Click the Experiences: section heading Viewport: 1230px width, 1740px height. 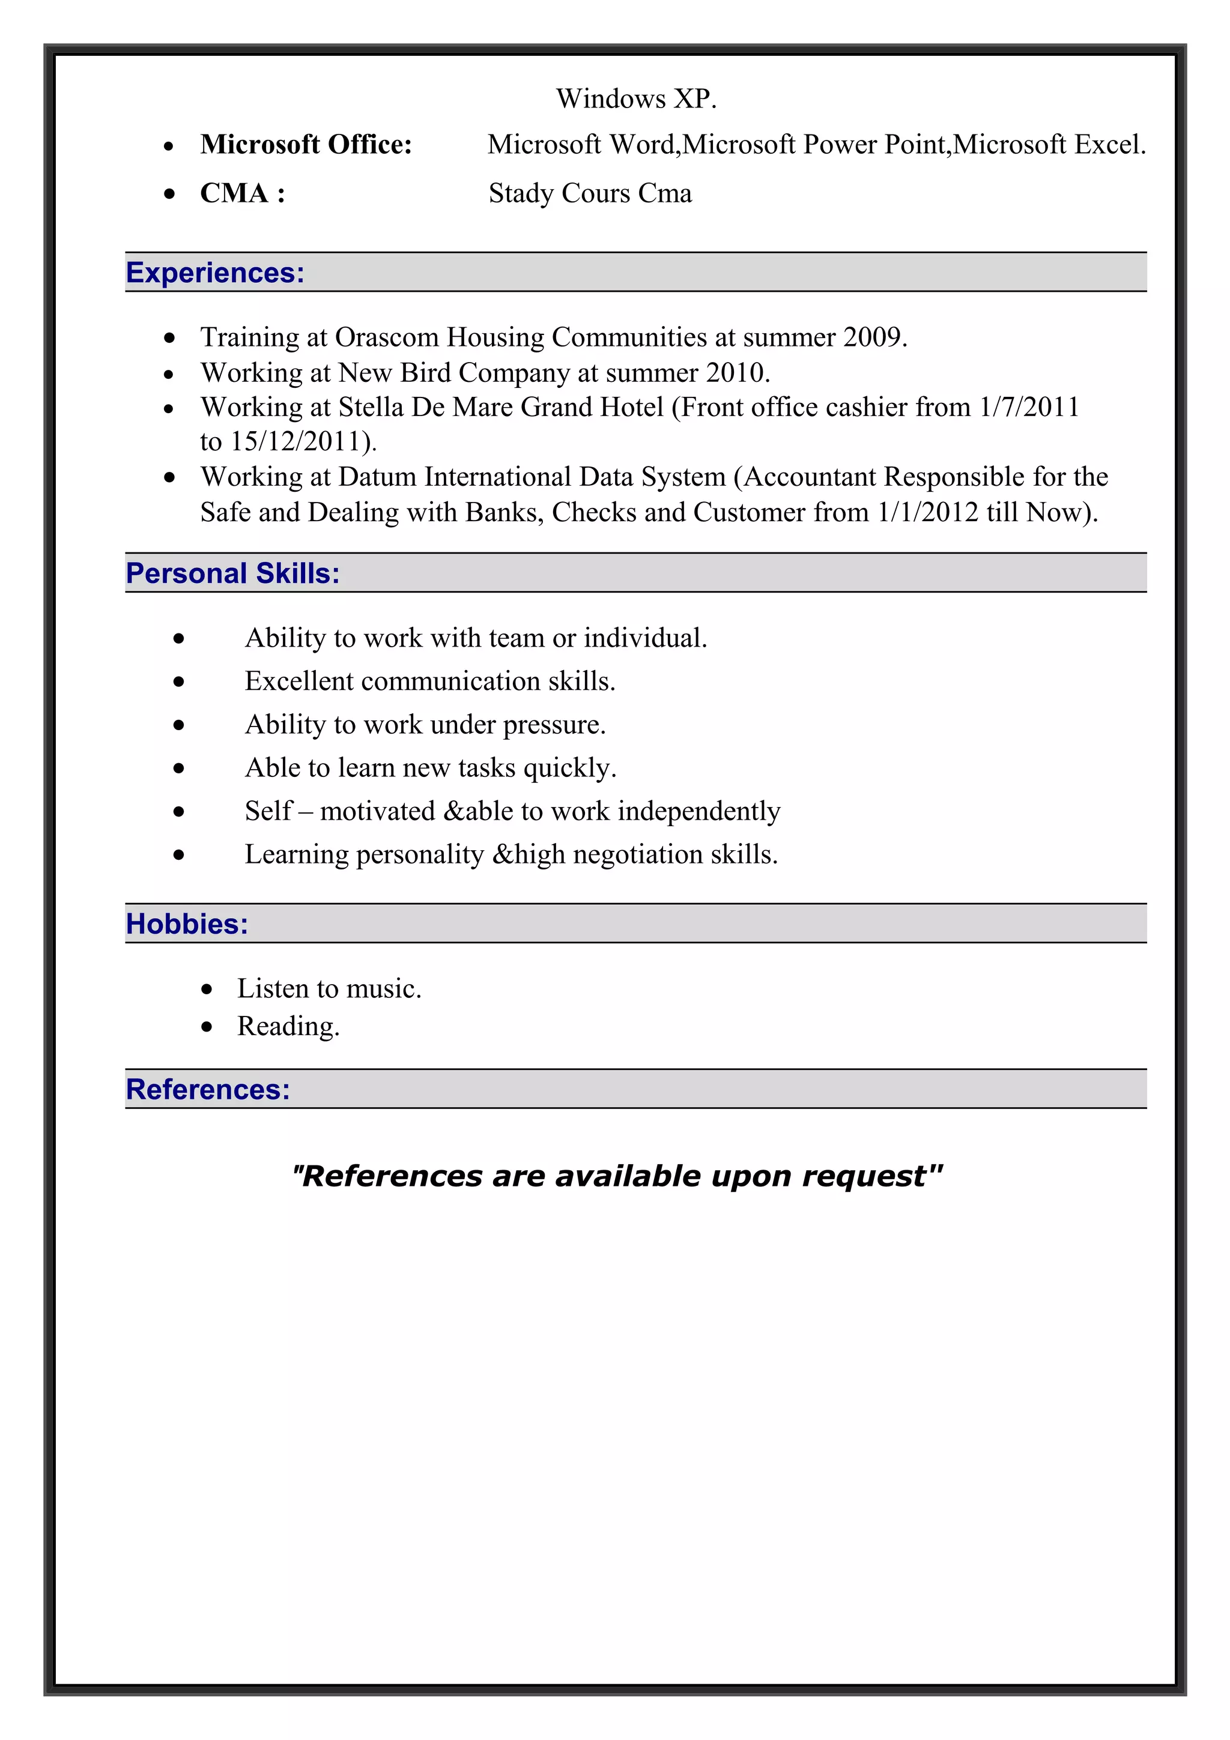tap(215, 273)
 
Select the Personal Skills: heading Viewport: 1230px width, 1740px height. tap(232, 573)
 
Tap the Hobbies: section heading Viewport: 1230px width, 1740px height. tap(187, 924)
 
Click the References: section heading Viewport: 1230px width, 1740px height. tap(208, 1090)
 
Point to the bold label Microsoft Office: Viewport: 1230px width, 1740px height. tap(306, 144)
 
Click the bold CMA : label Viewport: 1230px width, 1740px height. tap(243, 193)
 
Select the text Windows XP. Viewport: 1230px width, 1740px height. tap(636, 98)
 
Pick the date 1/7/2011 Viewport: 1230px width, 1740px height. tap(1028, 408)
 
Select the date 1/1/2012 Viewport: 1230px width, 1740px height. tap(927, 512)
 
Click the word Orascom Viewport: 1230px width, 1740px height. tap(387, 337)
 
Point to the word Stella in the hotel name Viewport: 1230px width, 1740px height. tap(371, 408)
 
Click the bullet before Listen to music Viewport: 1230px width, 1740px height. tap(207, 989)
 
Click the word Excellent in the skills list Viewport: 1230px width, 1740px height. tap(298, 681)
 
